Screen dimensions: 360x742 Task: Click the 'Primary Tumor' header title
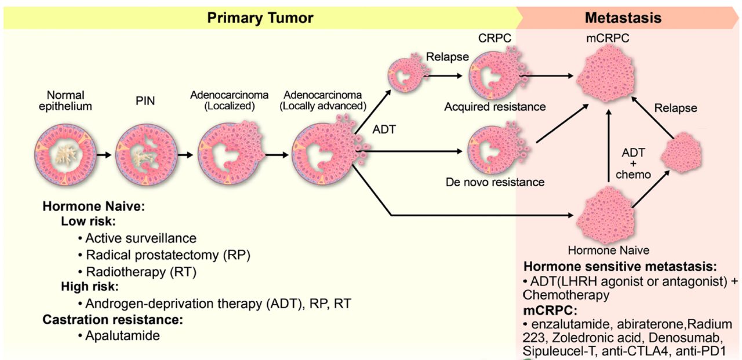260,18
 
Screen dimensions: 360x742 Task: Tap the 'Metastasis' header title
623,18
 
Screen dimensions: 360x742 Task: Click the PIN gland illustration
143,155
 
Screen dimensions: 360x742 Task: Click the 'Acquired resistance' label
495,107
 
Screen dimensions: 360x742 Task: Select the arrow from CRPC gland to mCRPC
548,75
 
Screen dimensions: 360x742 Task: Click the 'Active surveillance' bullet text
141,238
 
